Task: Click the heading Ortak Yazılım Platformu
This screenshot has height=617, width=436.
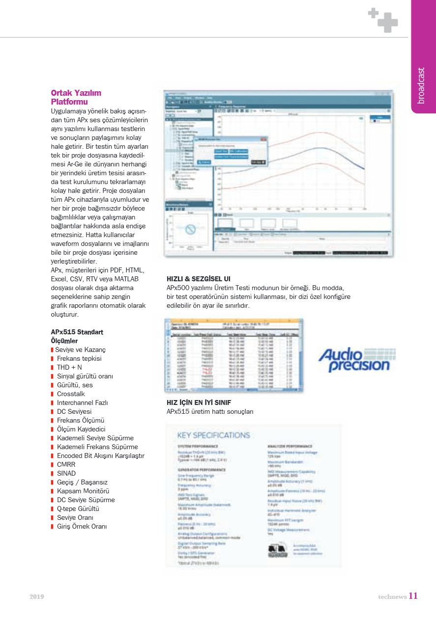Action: pyautogui.click(x=76, y=97)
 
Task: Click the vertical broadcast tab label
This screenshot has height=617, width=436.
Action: pyautogui.click(x=421, y=85)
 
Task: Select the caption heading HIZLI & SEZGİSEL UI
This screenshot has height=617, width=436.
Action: pyautogui.click(x=199, y=279)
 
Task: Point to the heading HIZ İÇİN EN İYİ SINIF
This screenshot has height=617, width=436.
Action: pyautogui.click(x=199, y=402)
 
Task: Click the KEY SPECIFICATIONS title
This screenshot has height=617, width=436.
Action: pyautogui.click(x=213, y=435)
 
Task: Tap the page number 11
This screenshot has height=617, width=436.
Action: pyautogui.click(x=413, y=596)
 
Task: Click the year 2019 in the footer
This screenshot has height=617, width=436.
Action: pyautogui.click(x=37, y=596)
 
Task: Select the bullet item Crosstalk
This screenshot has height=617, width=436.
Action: pyautogui.click(x=71, y=394)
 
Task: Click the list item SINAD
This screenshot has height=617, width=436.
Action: pyautogui.click(x=66, y=473)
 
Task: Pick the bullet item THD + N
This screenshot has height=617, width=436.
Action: pyautogui.click(x=69, y=367)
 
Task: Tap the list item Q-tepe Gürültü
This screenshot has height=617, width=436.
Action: pyautogui.click(x=78, y=509)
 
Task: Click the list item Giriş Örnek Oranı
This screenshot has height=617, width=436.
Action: pyautogui.click(x=82, y=526)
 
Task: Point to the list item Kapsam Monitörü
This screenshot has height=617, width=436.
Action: pyautogui.click(x=83, y=491)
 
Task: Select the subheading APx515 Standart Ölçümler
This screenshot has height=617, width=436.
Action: pyautogui.click(x=77, y=336)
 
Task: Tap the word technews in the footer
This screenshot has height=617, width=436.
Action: pyautogui.click(x=392, y=597)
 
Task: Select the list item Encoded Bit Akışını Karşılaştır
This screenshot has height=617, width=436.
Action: pyautogui.click(x=101, y=456)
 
